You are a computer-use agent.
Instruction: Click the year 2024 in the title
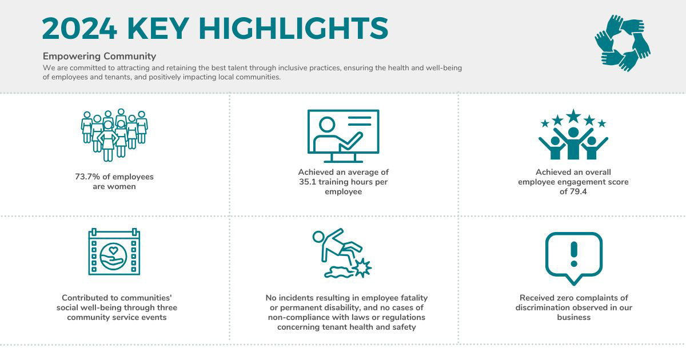[x=79, y=29]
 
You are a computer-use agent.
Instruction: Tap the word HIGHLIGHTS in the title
[x=293, y=29]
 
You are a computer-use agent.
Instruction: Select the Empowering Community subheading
[x=99, y=57]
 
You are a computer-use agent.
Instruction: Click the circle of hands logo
[x=623, y=43]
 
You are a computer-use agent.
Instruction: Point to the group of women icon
[x=114, y=135]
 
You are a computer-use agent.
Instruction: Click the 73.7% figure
[x=87, y=177]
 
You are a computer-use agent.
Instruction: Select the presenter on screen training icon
[x=344, y=136]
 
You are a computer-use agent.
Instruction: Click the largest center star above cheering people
[x=573, y=116]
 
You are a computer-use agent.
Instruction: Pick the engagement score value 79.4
[x=577, y=191]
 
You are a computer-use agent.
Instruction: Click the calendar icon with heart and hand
[x=114, y=251]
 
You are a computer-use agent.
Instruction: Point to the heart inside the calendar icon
[x=113, y=250]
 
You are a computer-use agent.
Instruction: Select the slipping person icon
[x=342, y=253]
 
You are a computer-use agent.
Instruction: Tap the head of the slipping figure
[x=318, y=237]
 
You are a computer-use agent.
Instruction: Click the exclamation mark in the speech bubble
[x=574, y=254]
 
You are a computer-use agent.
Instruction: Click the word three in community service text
[x=167, y=307]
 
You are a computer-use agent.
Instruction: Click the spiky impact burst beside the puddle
[x=362, y=268]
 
